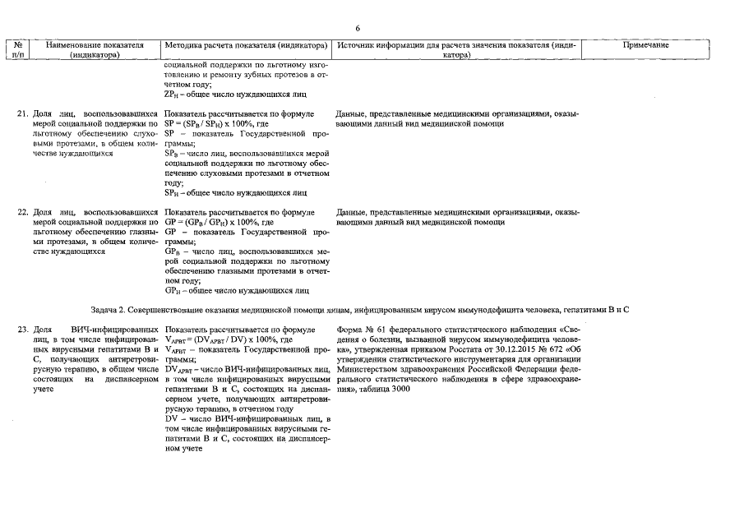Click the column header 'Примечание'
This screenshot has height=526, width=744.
click(x=649, y=44)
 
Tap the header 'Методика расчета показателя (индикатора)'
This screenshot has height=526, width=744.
click(x=246, y=44)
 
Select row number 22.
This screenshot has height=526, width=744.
click(x=24, y=212)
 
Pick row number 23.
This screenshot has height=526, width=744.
click(x=24, y=330)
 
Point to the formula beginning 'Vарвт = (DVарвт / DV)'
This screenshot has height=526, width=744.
click(x=222, y=339)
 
